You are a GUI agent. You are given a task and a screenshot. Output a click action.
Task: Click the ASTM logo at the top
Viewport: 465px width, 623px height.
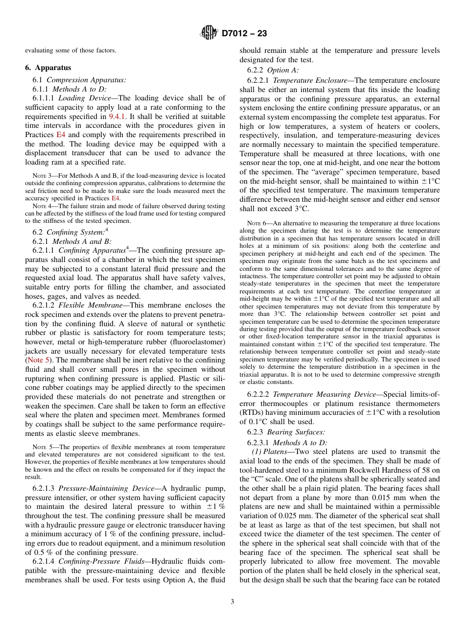pos(209,33)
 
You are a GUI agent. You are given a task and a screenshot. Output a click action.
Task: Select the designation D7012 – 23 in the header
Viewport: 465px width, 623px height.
pos(244,34)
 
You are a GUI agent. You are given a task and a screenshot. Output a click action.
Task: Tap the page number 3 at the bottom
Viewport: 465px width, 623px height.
pos(232,601)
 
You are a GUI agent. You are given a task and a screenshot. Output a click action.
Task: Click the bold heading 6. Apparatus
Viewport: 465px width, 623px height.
pos(48,68)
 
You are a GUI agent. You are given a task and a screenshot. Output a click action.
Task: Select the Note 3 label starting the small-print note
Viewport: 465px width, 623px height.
pos(39,175)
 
